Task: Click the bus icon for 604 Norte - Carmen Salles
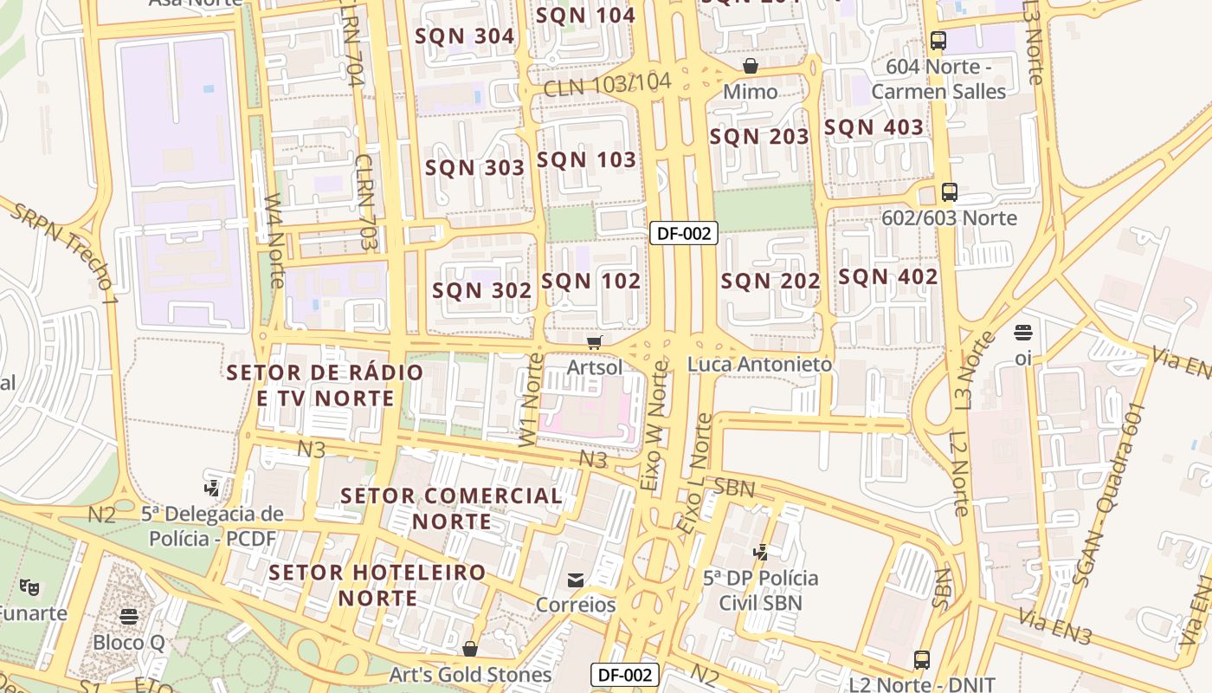click(x=938, y=40)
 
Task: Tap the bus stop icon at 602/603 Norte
click(x=950, y=192)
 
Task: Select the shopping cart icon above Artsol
click(x=594, y=343)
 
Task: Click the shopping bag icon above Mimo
click(x=751, y=67)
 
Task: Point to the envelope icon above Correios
click(x=576, y=580)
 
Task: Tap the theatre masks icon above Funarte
click(x=29, y=587)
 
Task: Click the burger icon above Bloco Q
click(x=129, y=617)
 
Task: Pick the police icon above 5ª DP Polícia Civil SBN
click(x=760, y=553)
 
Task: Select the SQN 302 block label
click(x=482, y=290)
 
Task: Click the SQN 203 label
click(x=759, y=137)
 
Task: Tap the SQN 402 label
click(x=888, y=277)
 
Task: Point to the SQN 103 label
click(x=587, y=160)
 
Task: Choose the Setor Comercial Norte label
click(x=451, y=508)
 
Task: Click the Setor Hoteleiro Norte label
click(x=377, y=585)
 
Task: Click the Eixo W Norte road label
click(x=654, y=428)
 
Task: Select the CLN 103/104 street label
click(x=608, y=85)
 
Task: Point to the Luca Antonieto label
click(x=759, y=365)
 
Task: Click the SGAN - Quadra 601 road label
click(x=1110, y=495)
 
